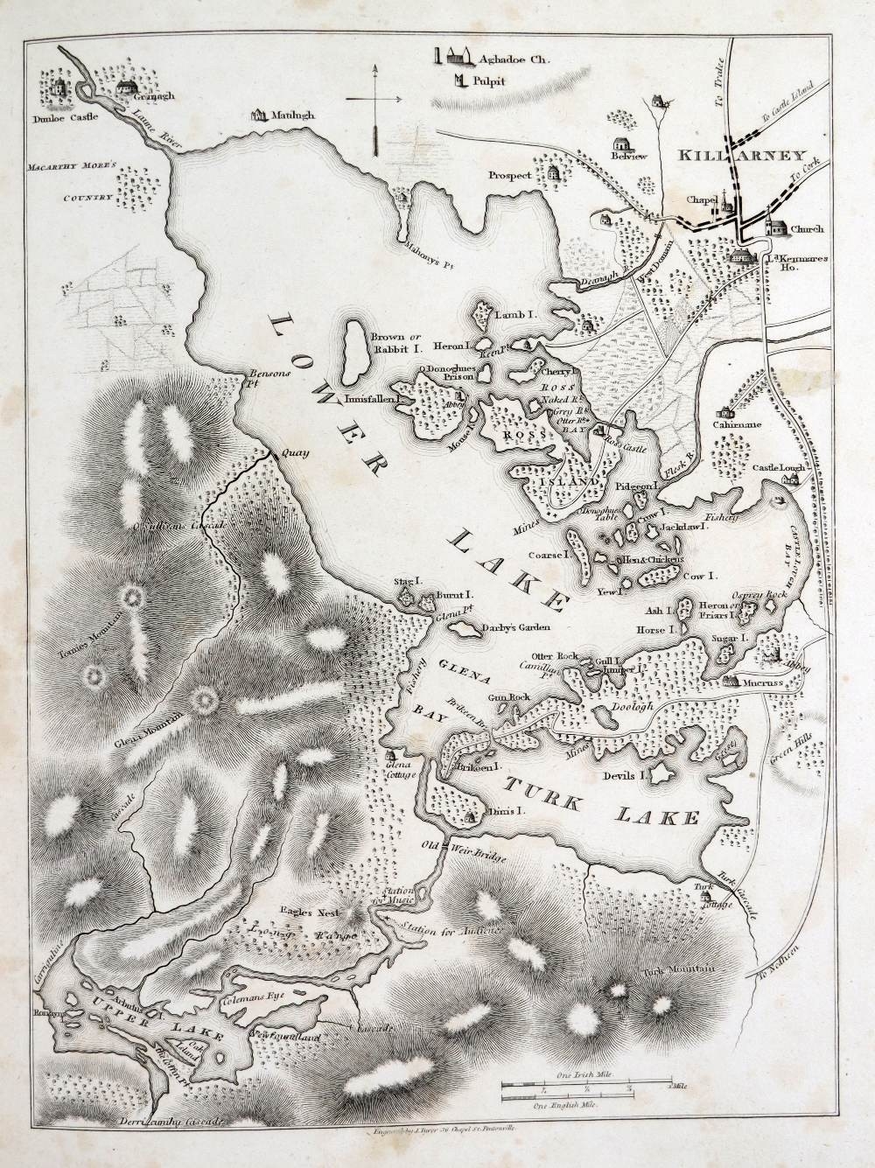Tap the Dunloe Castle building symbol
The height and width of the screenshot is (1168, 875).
59,87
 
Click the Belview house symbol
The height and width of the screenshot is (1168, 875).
623,143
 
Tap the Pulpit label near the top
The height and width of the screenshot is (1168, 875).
490,83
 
